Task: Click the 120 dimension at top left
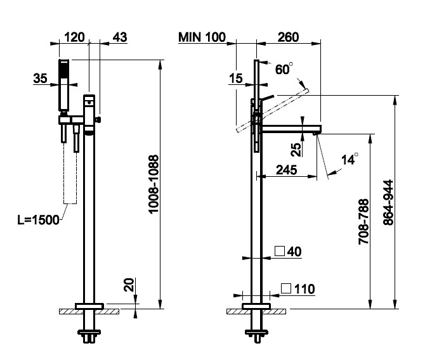(75, 37)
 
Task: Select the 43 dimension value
(119, 37)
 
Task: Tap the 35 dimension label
(41, 79)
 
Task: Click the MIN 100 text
(202, 37)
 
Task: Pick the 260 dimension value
(288, 37)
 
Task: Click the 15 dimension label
(237, 79)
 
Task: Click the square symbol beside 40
(279, 252)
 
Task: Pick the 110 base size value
(304, 289)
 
